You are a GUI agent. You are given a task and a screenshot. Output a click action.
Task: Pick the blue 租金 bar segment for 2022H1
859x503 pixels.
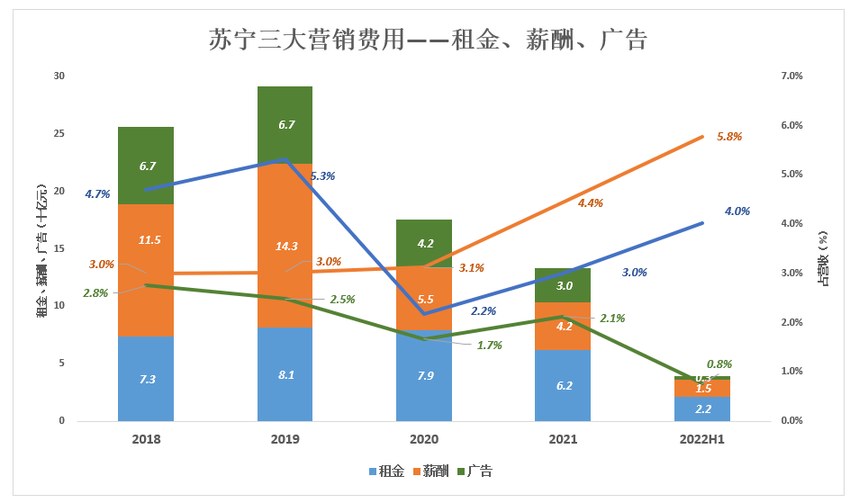[702, 409]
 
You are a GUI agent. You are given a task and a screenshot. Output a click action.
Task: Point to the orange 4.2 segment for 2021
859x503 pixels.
[564, 326]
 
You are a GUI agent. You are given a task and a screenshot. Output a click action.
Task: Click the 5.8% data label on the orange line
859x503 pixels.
[729, 136]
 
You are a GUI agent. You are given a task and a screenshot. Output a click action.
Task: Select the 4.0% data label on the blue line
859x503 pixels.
[737, 211]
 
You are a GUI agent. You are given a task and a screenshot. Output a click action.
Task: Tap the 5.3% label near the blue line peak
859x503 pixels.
[322, 176]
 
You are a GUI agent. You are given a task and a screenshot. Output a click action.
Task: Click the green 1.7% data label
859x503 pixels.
[490, 345]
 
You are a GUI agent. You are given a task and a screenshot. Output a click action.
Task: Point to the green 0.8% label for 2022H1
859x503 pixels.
[719, 364]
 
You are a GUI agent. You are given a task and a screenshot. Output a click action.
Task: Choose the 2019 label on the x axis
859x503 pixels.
[285, 439]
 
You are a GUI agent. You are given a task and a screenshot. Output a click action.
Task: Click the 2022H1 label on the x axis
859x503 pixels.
[702, 439]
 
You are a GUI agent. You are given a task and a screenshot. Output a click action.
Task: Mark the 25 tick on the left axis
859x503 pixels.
[59, 133]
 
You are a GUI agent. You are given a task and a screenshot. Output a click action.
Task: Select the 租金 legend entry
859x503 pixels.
[385, 471]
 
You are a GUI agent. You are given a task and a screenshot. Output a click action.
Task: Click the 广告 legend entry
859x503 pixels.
[475, 471]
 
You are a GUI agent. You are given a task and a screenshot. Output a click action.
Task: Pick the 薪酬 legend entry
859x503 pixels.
[429, 471]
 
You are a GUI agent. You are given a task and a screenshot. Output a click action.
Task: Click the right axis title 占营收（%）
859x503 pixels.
[823, 257]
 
